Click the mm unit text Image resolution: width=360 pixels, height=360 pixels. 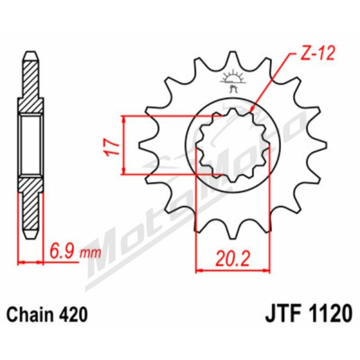[x=90, y=253]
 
